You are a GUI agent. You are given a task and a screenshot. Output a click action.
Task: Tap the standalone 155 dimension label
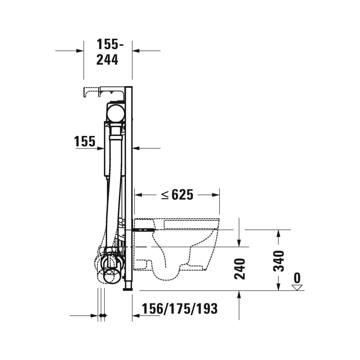point(85,141)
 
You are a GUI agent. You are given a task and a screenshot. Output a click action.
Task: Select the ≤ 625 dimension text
point(177,195)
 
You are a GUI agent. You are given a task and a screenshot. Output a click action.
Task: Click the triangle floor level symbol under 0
point(297,287)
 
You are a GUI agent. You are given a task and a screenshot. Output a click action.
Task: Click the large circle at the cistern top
point(115,113)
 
